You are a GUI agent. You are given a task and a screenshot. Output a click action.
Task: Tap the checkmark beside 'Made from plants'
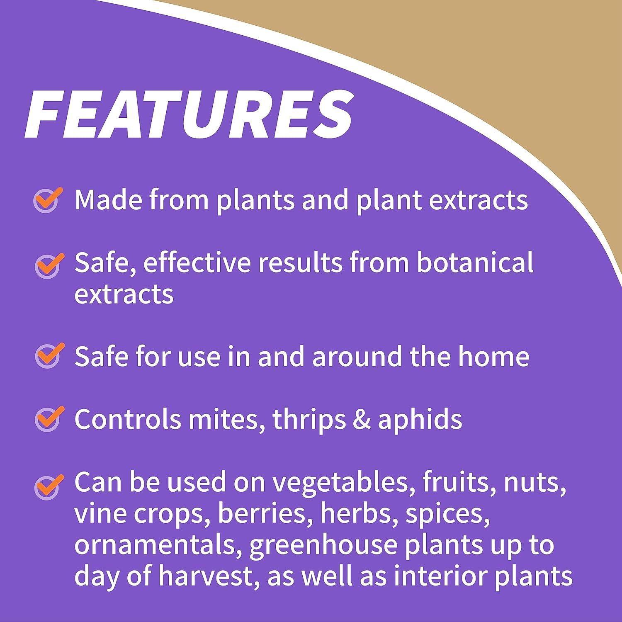(48, 200)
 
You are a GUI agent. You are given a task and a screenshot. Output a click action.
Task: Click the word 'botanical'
(475, 262)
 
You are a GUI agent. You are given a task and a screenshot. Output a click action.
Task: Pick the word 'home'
(493, 356)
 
